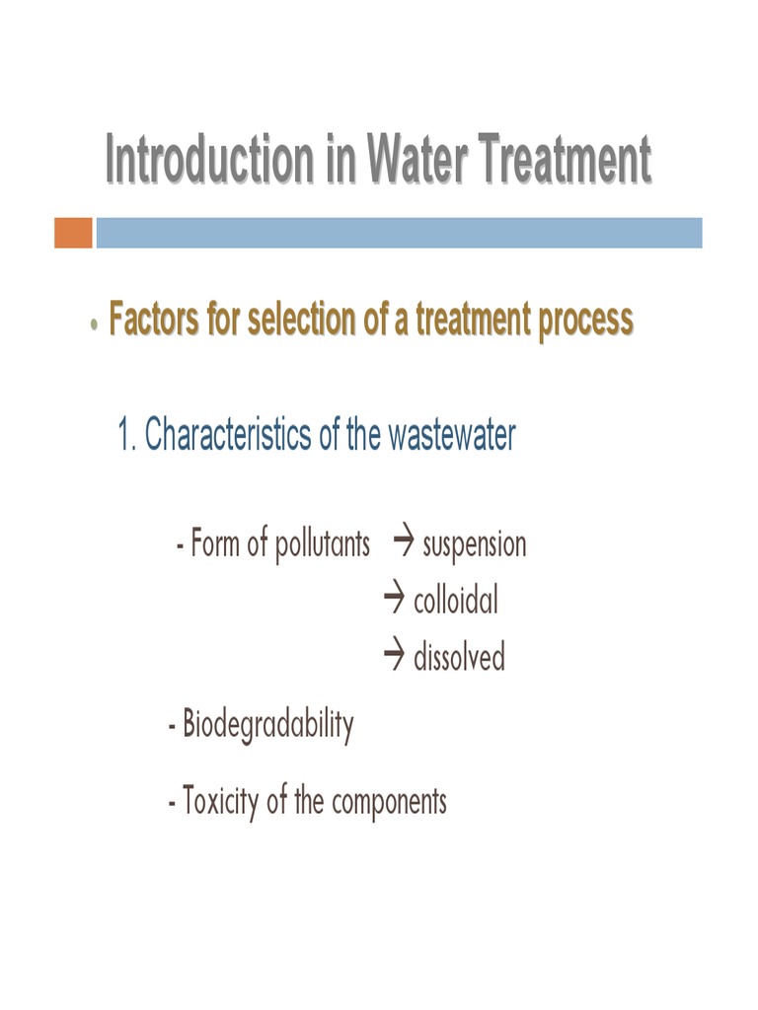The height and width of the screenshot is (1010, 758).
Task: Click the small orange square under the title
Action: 73,233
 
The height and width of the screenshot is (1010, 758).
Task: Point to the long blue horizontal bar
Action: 399,233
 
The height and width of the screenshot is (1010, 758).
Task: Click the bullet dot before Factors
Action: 93,325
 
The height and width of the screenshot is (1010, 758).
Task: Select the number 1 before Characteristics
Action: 125,436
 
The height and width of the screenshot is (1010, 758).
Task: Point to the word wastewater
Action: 451,436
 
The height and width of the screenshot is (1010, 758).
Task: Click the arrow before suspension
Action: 402,541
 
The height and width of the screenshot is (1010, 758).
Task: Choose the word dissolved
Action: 459,657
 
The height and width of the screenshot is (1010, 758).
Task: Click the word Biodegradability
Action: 267,727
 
